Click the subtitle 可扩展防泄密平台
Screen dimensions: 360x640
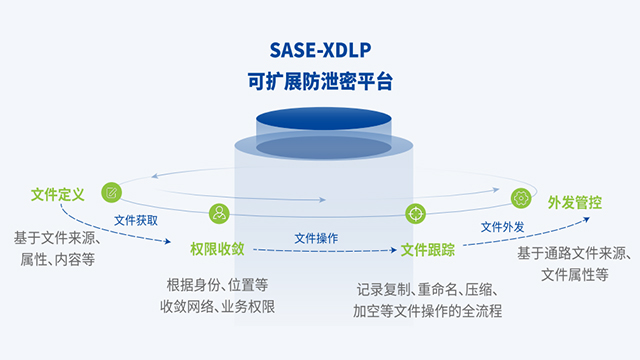pyautogui.click(x=319, y=84)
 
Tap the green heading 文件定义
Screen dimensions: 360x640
pyautogui.click(x=57, y=193)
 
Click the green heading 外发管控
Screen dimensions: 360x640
pyautogui.click(x=574, y=202)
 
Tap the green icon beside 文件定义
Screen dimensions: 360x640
pyautogui.click(x=112, y=192)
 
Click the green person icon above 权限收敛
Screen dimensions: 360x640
pyautogui.click(x=219, y=212)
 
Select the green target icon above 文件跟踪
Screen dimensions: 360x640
pyautogui.click(x=414, y=213)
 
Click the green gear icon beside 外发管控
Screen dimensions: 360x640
pyautogui.click(x=521, y=198)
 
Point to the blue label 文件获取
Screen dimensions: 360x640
pyautogui.click(x=135, y=219)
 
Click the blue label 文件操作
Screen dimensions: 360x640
pyautogui.click(x=315, y=238)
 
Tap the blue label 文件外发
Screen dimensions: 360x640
pyautogui.click(x=502, y=227)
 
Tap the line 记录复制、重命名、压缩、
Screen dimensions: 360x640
pyautogui.click(x=428, y=289)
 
